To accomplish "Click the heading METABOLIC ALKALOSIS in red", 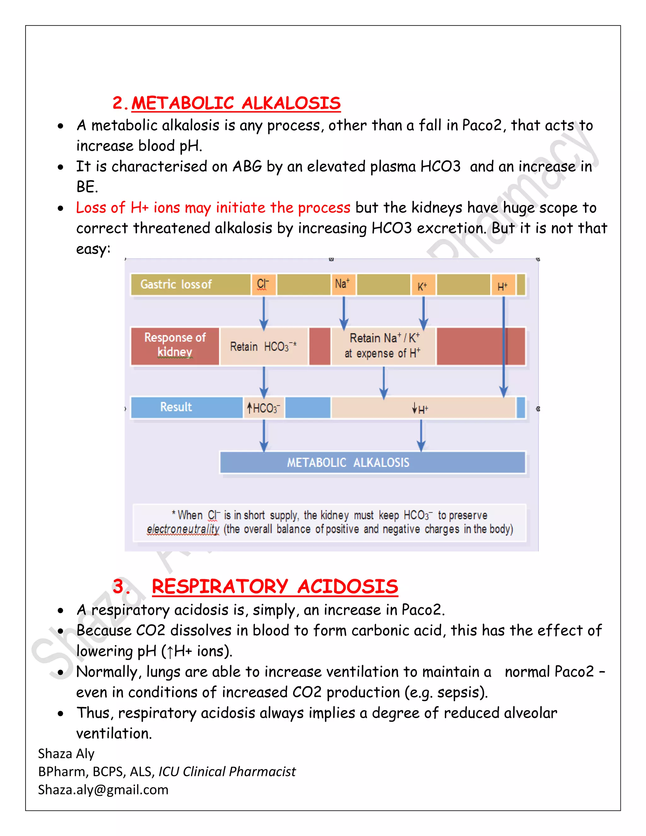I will (x=236, y=103).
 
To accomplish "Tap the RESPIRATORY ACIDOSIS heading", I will (x=274, y=586).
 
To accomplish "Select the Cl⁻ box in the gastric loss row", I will (x=263, y=285).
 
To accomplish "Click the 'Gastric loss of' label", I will (x=176, y=285).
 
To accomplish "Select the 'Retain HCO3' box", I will (x=264, y=346).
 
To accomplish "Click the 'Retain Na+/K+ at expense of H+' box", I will (x=383, y=346).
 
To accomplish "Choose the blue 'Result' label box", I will (x=176, y=407).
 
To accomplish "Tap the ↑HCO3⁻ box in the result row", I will (x=264, y=408).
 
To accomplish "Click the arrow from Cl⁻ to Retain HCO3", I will (x=264, y=312).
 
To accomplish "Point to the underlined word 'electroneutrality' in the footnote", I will (x=183, y=529).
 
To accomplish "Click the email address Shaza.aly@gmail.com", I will (x=103, y=790).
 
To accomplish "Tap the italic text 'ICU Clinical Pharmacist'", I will (x=227, y=772).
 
